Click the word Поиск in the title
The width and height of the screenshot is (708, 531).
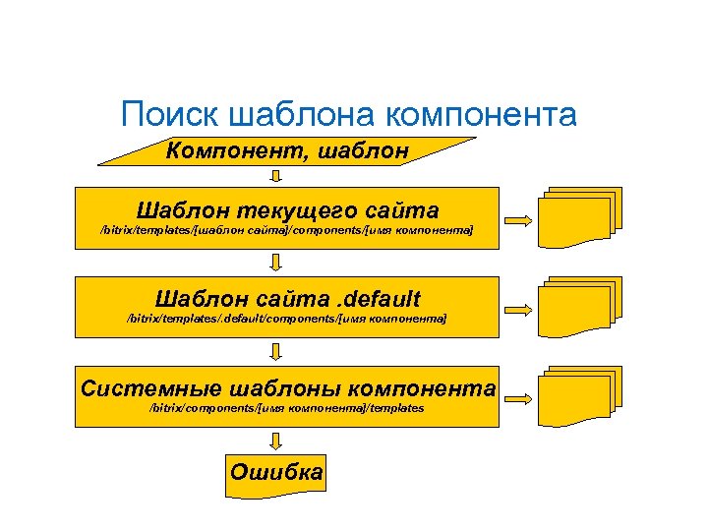[169, 115]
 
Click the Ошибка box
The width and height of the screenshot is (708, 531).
[275, 472]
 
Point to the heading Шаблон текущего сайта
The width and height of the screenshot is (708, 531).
[287, 210]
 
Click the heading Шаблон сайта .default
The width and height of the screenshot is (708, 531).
[287, 298]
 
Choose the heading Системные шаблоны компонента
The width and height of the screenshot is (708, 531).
[287, 387]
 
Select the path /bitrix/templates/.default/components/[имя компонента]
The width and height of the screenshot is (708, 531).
[287, 319]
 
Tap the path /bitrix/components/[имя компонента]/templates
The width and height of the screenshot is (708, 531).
[287, 407]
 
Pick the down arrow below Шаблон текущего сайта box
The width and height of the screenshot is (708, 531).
[277, 262]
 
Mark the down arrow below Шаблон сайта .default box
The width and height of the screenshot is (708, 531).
[277, 350]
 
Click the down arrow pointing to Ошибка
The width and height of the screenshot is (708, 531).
[277, 440]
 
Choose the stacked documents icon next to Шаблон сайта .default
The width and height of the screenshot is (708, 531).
[579, 307]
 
